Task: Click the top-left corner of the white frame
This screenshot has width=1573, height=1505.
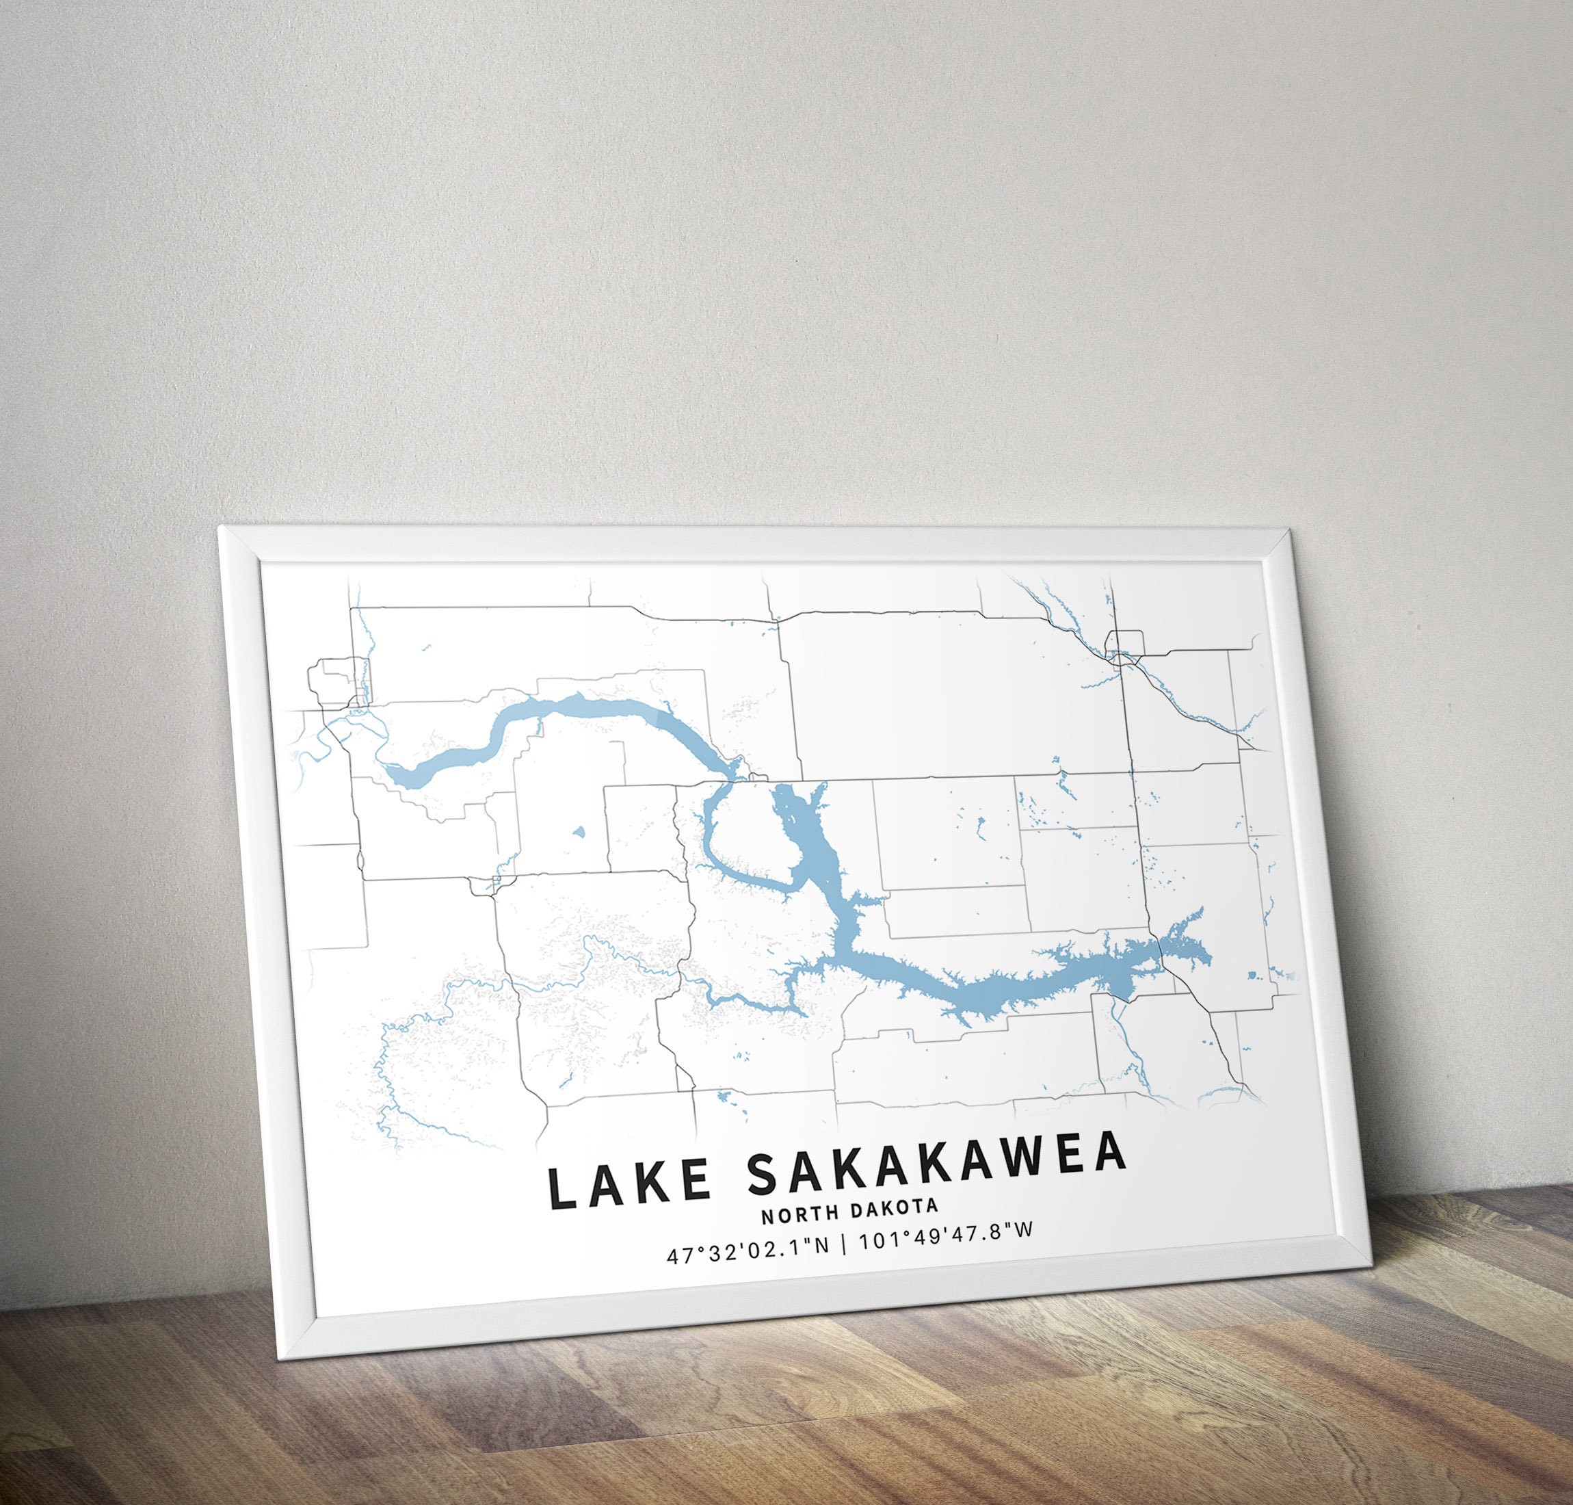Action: tap(221, 529)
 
